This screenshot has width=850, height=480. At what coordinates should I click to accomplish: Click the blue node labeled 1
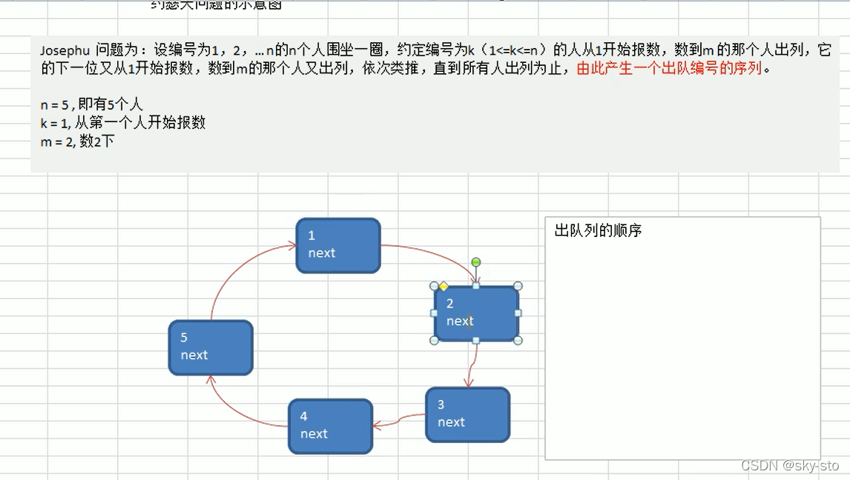point(338,245)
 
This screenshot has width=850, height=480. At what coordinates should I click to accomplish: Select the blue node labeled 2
point(476,313)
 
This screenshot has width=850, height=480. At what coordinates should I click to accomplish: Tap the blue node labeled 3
point(467,415)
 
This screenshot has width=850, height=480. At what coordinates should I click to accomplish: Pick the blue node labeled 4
point(330,426)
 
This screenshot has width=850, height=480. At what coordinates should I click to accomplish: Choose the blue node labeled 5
point(211,347)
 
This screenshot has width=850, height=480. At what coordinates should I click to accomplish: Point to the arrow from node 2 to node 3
point(472,364)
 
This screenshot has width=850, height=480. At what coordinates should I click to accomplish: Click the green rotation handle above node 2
point(476,262)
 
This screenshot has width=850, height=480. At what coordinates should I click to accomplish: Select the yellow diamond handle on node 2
point(444,286)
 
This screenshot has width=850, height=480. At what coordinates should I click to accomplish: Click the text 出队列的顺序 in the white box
point(598,231)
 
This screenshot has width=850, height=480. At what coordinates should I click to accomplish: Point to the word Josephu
point(65,50)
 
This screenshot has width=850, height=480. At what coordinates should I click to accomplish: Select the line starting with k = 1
point(122,123)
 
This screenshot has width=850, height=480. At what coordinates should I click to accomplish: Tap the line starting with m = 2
point(77,141)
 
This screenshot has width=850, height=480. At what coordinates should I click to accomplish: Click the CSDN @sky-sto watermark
point(789,465)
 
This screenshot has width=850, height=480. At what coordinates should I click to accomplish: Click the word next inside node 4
point(314,434)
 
